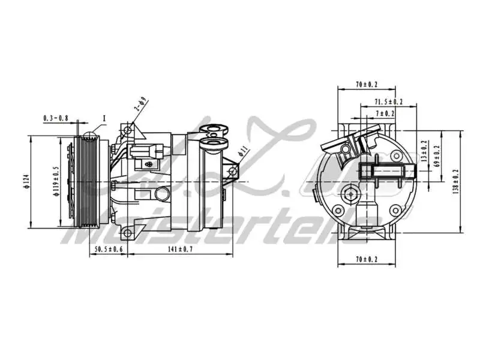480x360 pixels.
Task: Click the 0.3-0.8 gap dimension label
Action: (56, 118)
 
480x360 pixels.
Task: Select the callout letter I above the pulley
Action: (104, 118)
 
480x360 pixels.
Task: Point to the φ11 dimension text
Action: (244, 150)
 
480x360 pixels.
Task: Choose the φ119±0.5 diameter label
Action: (55, 182)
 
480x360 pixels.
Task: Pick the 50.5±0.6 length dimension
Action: (108, 249)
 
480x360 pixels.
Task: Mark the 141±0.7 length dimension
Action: (180, 249)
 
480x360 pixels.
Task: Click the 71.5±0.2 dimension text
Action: (388, 102)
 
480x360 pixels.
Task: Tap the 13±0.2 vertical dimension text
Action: (424, 151)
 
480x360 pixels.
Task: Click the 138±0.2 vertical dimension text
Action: (456, 182)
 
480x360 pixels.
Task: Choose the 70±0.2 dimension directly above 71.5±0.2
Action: (367, 85)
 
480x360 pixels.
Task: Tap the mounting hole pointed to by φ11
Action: (233, 172)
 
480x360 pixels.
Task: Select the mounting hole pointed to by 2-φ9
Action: (127, 130)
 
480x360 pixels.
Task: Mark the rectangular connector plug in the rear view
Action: (389, 171)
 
